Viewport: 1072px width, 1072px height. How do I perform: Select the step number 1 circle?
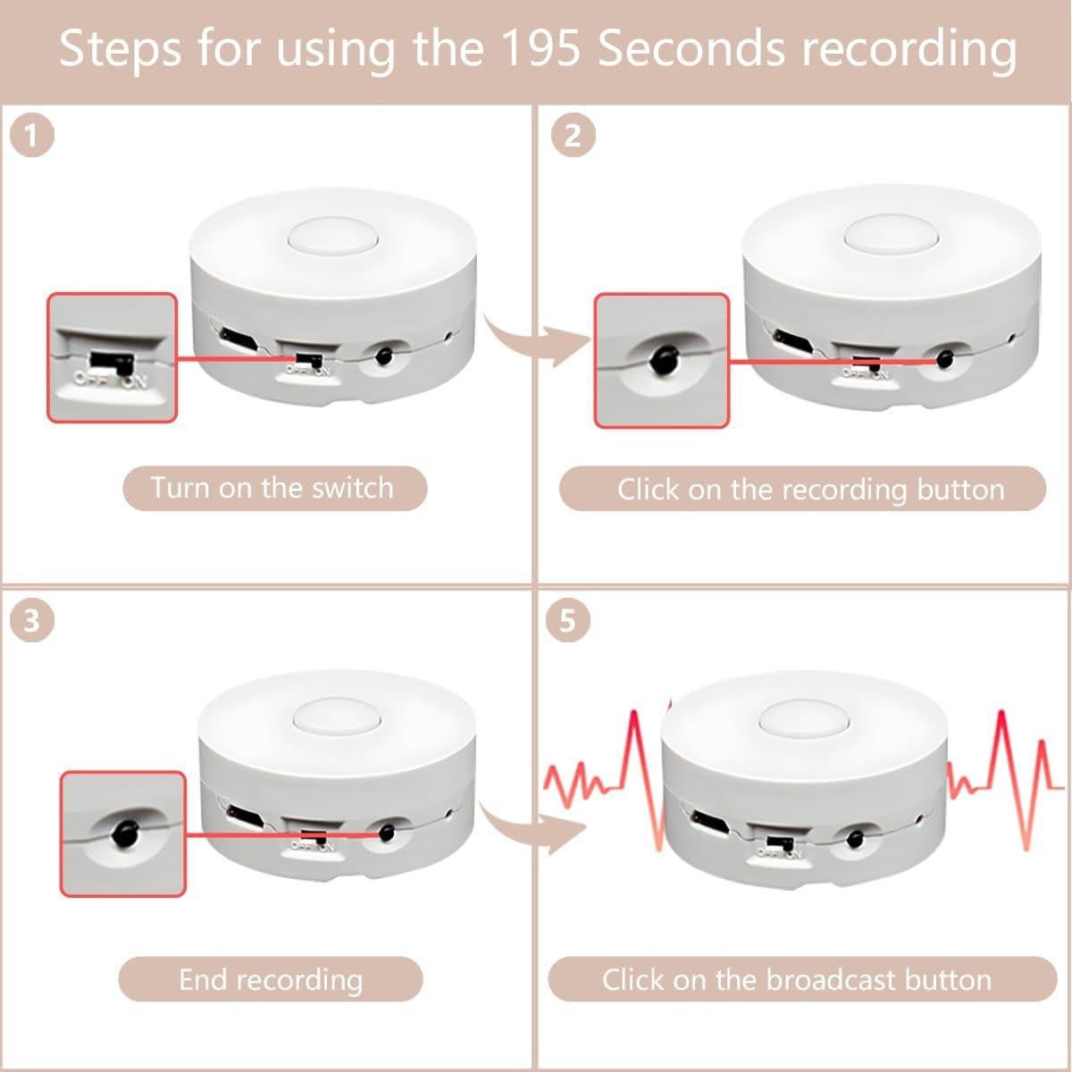[x=32, y=136]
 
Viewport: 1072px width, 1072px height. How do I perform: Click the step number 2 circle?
[x=572, y=136]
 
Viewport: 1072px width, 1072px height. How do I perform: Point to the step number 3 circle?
[x=32, y=620]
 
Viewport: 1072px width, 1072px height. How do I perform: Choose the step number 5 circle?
[x=567, y=620]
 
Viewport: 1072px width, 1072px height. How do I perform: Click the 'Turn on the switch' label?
[x=272, y=489]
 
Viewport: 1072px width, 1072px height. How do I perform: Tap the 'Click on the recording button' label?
[x=802, y=490]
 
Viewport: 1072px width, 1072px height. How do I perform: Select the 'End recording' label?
[x=271, y=980]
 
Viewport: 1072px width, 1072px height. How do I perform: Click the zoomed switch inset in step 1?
[x=112, y=357]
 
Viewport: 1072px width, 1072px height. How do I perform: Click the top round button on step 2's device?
[x=883, y=237]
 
